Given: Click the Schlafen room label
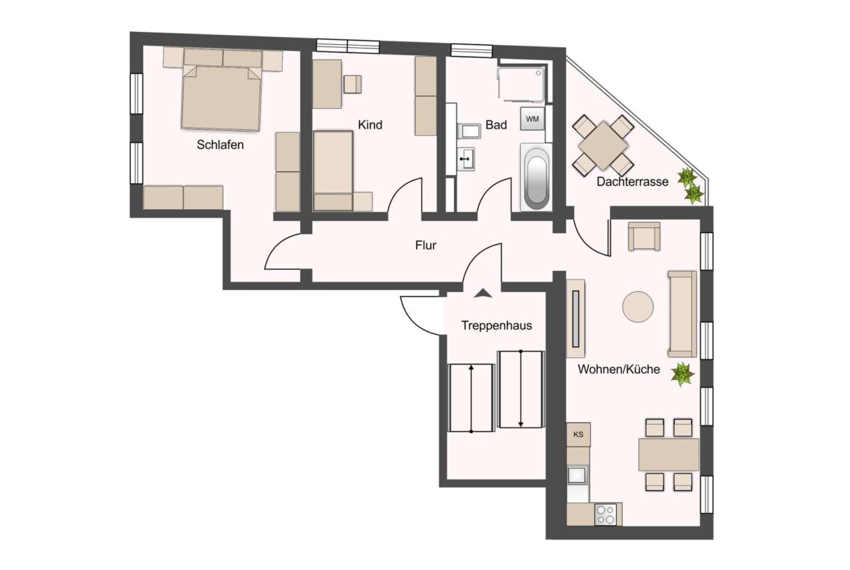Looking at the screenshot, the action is (220, 144).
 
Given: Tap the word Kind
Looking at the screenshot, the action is (371, 125).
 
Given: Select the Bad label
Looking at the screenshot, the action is (496, 125).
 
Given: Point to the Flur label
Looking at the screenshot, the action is (426, 245).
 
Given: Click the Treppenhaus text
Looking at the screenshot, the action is (496, 325).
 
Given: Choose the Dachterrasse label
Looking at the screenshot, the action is (633, 182).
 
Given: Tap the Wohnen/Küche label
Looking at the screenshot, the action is (619, 370).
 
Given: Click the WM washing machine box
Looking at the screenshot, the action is (533, 118).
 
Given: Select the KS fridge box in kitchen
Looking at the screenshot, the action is (578, 434).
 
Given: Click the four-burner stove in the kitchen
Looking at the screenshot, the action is (605, 514).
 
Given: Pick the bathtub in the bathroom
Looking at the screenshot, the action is (536, 176).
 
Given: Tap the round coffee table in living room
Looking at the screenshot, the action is (638, 307).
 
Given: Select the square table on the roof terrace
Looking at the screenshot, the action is (603, 146).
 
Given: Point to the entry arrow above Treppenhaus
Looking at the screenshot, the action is (483, 293).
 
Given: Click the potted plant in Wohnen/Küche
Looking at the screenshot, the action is (682, 374).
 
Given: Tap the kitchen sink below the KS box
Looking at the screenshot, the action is (578, 475).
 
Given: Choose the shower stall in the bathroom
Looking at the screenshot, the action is (522, 84).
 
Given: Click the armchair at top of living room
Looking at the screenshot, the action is (644, 236).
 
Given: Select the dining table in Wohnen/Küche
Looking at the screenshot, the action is (669, 455).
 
